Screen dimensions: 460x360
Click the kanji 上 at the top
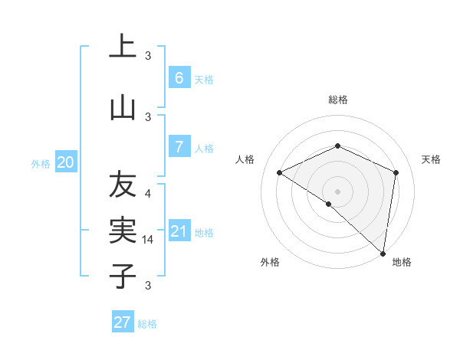(x=123, y=47)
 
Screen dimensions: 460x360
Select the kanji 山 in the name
(x=123, y=108)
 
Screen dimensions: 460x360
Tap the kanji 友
(x=123, y=185)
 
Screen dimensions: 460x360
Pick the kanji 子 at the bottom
(x=123, y=276)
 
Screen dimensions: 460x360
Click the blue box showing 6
(x=179, y=78)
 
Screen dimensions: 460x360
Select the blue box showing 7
(x=179, y=146)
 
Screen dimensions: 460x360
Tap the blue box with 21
(x=179, y=231)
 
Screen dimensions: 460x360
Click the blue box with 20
(x=66, y=162)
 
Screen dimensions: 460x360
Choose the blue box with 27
(x=123, y=322)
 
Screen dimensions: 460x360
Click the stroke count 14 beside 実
(x=149, y=240)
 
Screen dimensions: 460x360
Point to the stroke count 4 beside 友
(x=148, y=193)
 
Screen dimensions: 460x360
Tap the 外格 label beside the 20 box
(x=41, y=164)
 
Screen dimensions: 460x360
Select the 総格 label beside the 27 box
(x=148, y=324)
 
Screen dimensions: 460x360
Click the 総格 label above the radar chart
(x=338, y=100)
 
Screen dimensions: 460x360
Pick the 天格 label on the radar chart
(x=432, y=159)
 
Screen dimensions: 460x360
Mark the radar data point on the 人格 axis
(x=280, y=173)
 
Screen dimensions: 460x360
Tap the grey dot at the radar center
(x=338, y=191)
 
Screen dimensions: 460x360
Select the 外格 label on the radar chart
(x=270, y=262)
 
